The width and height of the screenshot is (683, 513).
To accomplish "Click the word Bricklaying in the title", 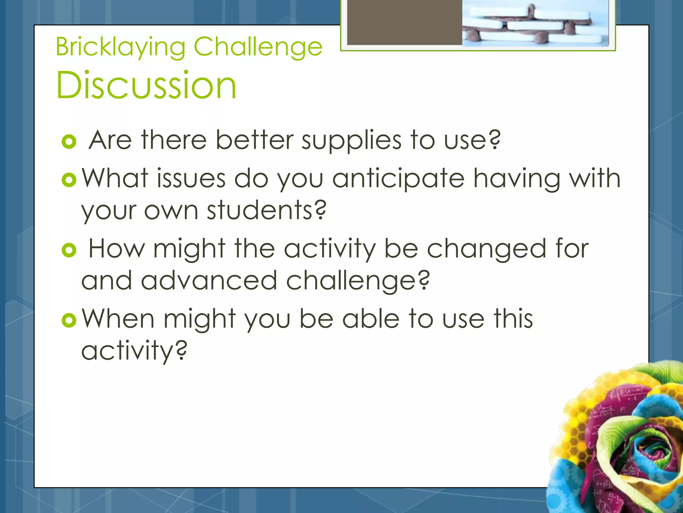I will pyautogui.click(x=120, y=47).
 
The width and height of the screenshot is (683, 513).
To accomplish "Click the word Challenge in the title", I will pyautogui.click(x=258, y=47).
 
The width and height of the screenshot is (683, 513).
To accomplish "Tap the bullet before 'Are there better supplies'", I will pyautogui.click(x=69, y=142).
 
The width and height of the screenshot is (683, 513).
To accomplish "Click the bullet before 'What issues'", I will pyautogui.click(x=69, y=180).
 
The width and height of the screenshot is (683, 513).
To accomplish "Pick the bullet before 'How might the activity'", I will pyautogui.click(x=69, y=250).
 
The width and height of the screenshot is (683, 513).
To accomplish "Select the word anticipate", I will pyautogui.click(x=398, y=179).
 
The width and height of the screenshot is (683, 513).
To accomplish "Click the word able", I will pyautogui.click(x=371, y=319).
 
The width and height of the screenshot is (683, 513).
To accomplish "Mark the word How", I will pyautogui.click(x=117, y=249).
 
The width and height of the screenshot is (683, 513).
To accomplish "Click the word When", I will pyautogui.click(x=118, y=319).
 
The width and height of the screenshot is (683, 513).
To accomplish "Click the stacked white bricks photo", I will pyautogui.click(x=535, y=23).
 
